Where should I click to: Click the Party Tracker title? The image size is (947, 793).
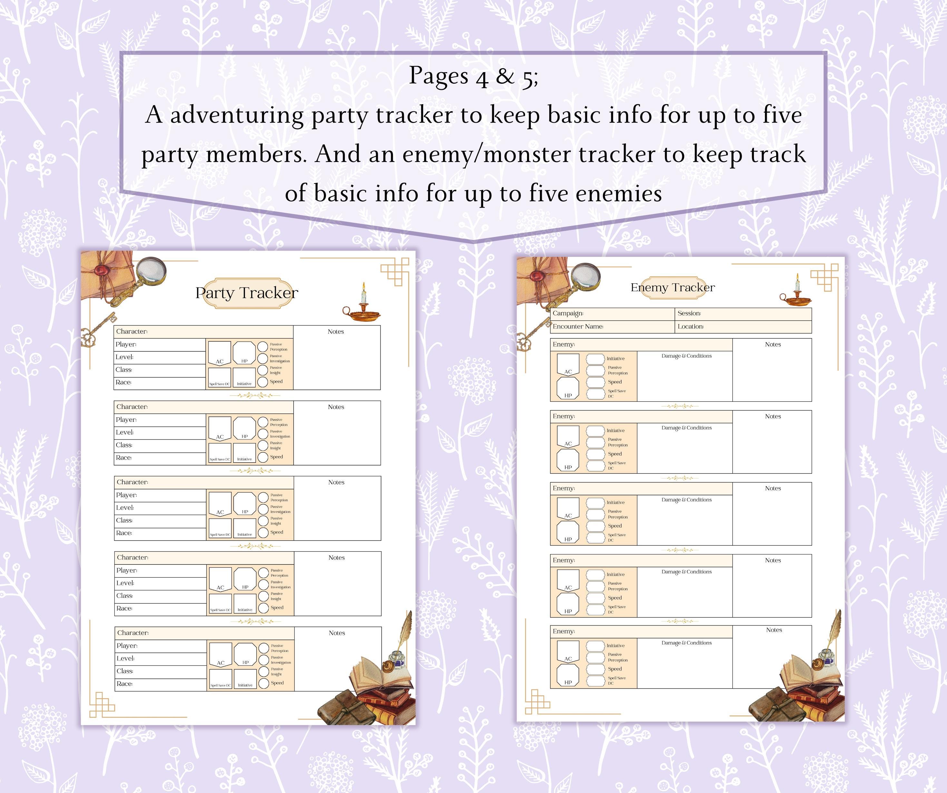[x=247, y=293]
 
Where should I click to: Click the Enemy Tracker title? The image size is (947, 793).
[x=672, y=288]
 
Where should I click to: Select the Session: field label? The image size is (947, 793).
[x=689, y=313]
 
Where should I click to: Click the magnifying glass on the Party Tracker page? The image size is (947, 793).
[x=151, y=271]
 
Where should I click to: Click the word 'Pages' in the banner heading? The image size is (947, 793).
[x=438, y=76]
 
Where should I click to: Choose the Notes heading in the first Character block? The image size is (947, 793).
[x=336, y=332]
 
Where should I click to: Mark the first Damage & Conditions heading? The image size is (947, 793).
[x=686, y=356]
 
